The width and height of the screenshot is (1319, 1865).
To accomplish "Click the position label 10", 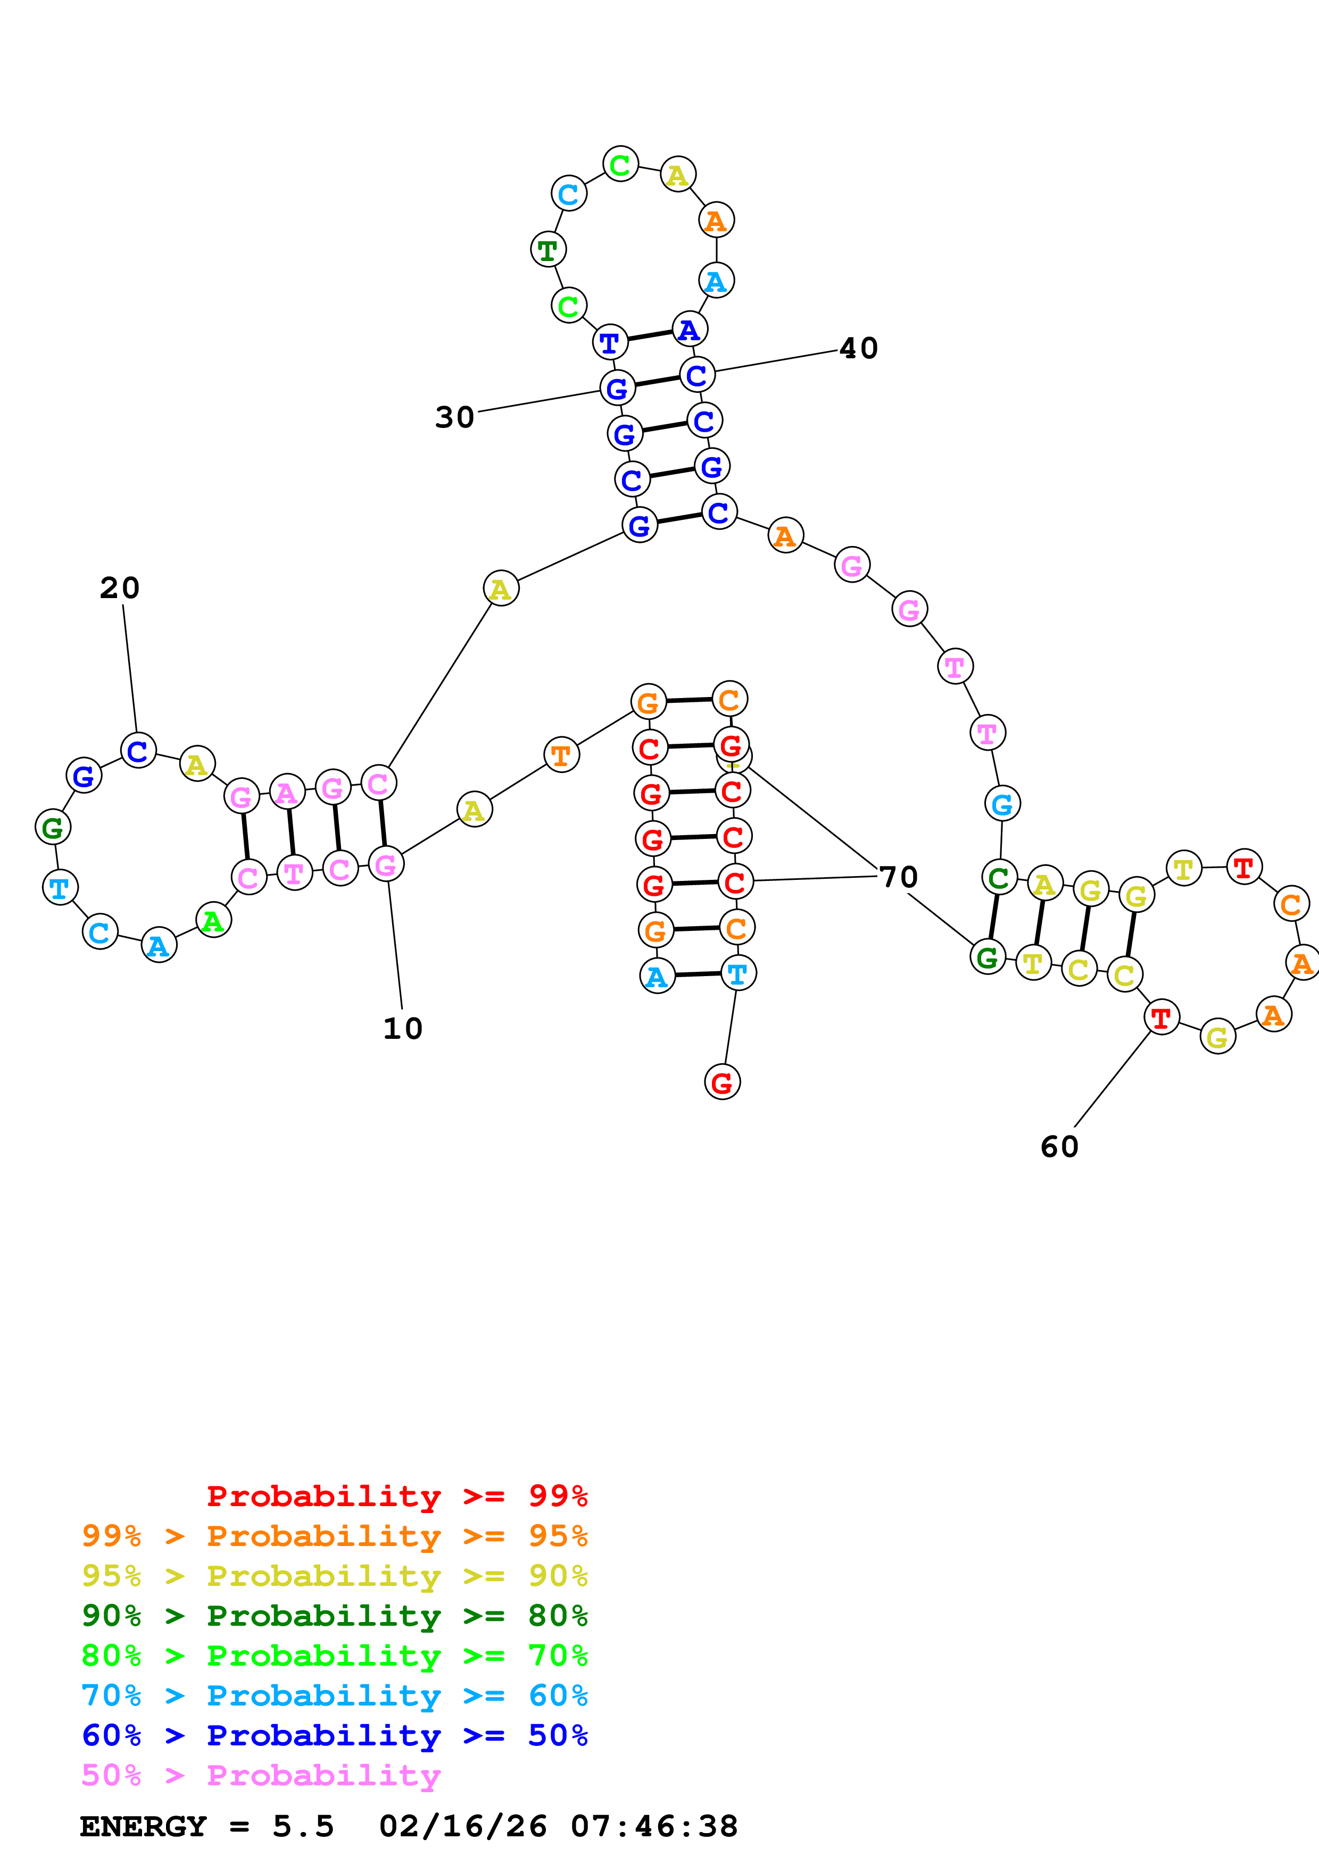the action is (402, 1028).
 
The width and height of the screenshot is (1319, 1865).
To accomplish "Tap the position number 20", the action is (120, 588).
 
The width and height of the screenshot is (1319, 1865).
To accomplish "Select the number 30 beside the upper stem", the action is (454, 417).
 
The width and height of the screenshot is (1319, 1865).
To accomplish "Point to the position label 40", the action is (858, 348).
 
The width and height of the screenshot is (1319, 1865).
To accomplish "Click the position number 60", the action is (1059, 1147).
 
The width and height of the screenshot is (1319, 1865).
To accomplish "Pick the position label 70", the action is (898, 877).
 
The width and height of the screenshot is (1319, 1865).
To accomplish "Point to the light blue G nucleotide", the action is (1002, 804).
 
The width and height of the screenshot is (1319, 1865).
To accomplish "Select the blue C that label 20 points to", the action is (138, 751).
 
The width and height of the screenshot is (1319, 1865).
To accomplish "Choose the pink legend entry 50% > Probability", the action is (261, 1776).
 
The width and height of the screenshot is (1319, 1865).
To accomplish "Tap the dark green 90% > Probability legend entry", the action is (334, 1616).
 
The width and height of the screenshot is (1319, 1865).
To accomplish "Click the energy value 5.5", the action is (303, 1827).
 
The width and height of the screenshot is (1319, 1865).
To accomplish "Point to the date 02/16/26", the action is (462, 1827).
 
